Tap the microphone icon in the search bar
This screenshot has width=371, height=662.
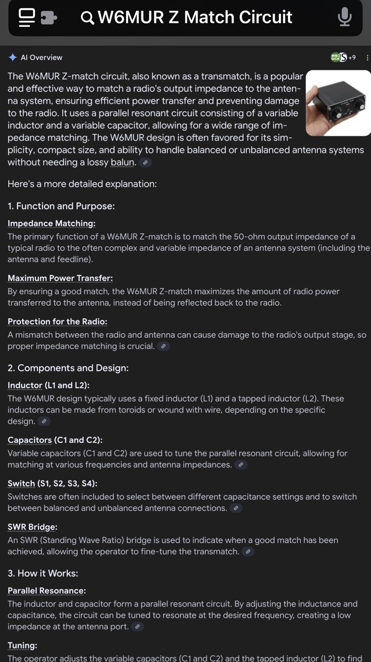[x=345, y=17]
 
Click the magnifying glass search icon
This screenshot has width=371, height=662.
[x=87, y=18]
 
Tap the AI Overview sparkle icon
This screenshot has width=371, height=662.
[x=13, y=57]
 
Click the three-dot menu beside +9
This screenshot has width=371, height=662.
[x=367, y=57]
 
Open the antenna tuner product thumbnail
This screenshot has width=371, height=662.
[x=338, y=103]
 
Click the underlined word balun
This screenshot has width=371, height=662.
[x=123, y=162]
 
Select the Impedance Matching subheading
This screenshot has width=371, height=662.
[x=51, y=223]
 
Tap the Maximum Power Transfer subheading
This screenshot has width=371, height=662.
[x=60, y=278]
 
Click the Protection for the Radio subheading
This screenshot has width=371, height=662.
[x=57, y=322]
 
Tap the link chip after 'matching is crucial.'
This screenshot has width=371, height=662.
[x=163, y=346]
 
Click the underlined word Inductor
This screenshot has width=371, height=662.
[x=25, y=385]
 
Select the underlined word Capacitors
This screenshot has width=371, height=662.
[x=30, y=440]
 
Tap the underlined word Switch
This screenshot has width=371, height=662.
[x=21, y=484]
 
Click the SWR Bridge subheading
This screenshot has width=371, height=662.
[x=32, y=527]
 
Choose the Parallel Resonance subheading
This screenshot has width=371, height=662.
[x=47, y=591]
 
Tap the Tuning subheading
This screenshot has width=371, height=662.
[x=22, y=646]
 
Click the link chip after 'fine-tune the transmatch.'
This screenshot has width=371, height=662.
[x=248, y=552]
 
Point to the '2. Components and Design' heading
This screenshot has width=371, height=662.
[x=68, y=368]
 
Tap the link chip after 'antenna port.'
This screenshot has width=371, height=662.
[x=137, y=627]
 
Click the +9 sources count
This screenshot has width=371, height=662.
[x=352, y=57]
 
